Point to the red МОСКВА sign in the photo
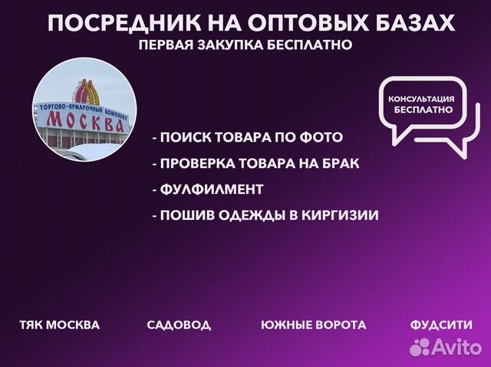pos(85,120)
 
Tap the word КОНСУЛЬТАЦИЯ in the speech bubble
pos(422,100)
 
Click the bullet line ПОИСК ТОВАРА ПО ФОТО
pos(247,138)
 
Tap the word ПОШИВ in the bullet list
pos(181,215)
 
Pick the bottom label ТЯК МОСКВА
pos(59,325)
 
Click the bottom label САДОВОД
pos(179,325)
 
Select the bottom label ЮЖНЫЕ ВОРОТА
pos(313,325)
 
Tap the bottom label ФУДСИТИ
pos(441,325)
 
